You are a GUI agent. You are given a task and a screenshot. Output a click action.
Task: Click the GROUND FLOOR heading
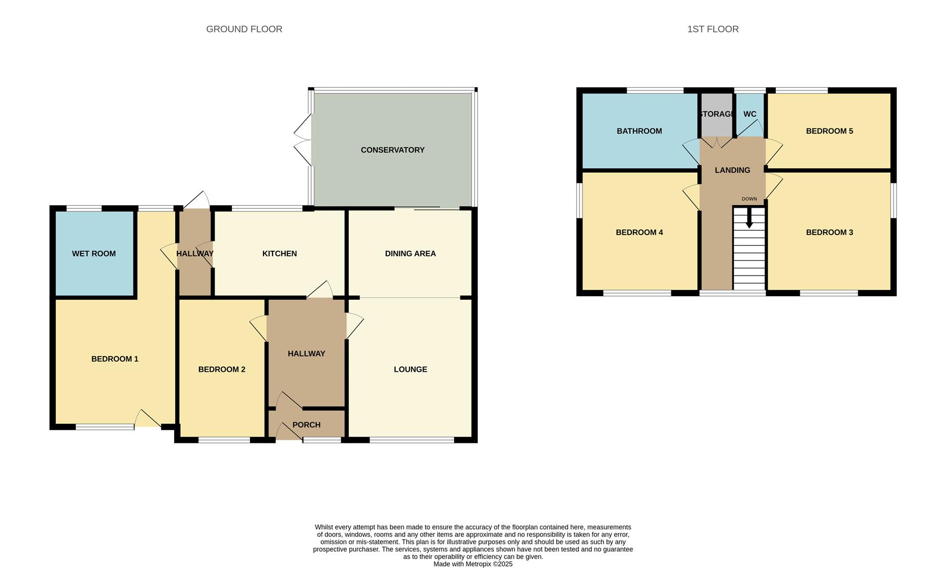point(244,29)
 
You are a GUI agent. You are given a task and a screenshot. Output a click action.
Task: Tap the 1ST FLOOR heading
point(712,29)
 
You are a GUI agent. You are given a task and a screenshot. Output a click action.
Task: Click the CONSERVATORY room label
point(393,150)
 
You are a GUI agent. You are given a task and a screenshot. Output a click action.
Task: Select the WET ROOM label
point(94,253)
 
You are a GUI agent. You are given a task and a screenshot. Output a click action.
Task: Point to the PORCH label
point(306,425)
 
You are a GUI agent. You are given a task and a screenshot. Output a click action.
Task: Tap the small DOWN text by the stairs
point(749,199)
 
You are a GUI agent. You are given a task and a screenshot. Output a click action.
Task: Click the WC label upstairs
point(750,114)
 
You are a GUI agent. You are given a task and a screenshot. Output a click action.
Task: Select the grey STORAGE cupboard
point(716,115)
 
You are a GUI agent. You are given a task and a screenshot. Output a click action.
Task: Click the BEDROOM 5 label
point(829,131)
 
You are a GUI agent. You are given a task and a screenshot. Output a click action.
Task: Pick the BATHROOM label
point(639,131)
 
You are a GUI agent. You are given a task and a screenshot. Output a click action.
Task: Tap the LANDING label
point(732,170)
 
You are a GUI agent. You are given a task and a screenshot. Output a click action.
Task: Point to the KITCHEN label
point(279,253)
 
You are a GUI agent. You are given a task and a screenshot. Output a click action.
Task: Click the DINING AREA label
point(410,253)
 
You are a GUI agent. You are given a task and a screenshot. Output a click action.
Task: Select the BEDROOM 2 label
point(222,369)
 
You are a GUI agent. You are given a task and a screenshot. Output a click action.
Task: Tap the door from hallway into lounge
point(354,326)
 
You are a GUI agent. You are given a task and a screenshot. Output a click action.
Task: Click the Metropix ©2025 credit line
point(472,564)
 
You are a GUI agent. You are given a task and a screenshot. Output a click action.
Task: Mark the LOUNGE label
point(410,369)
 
